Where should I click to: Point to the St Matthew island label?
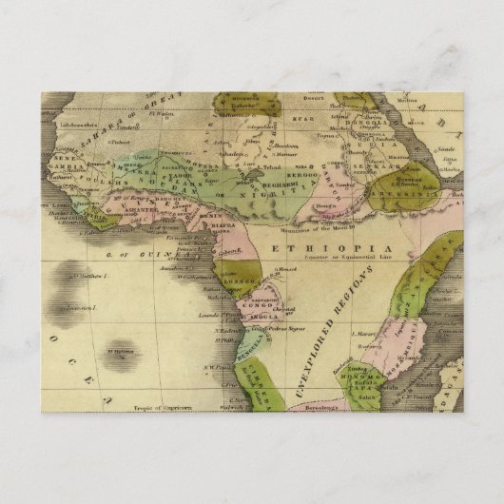(x=86, y=277)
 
